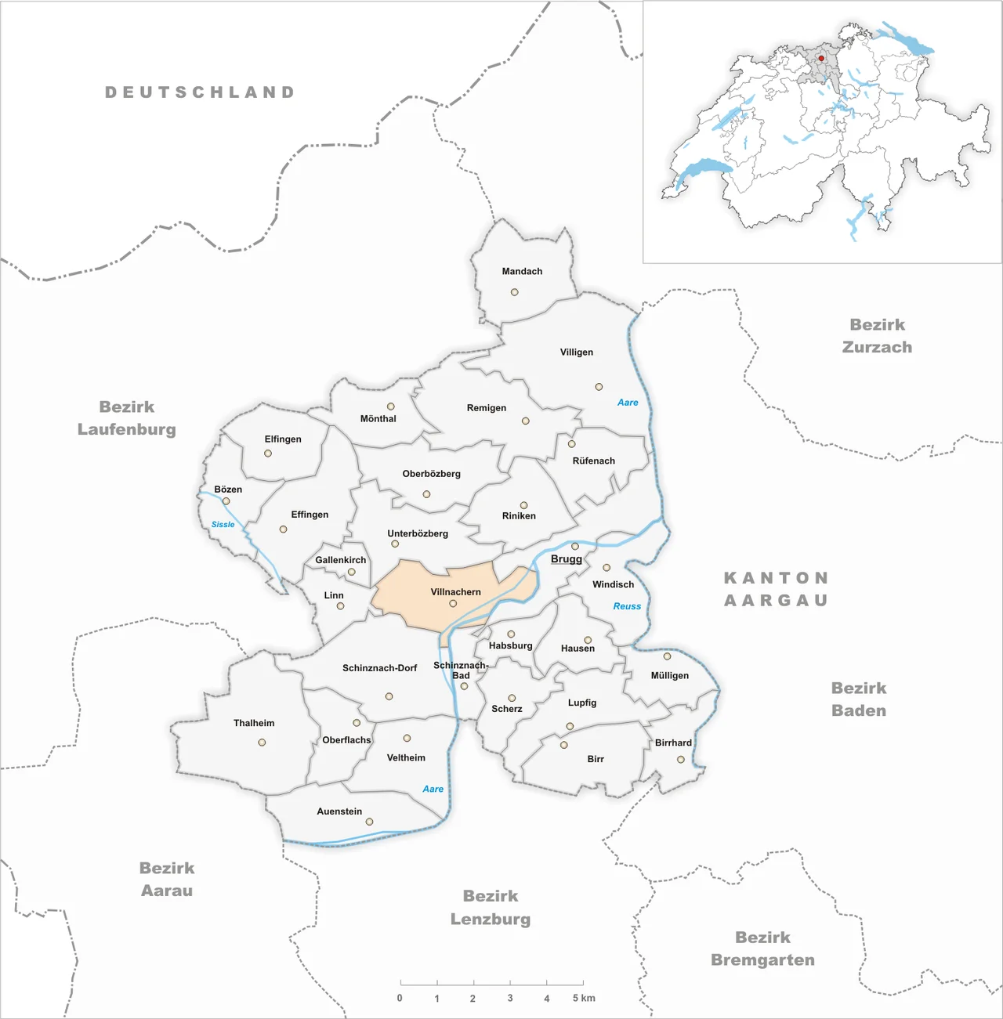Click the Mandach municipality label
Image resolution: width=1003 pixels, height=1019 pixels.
click(x=522, y=272)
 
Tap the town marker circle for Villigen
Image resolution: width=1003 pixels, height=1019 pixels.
click(x=599, y=387)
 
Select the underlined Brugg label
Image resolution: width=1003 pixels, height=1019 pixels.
click(x=566, y=559)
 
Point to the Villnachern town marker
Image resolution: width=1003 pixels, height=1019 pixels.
click(x=453, y=604)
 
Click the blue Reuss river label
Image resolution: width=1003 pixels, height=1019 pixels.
click(x=627, y=606)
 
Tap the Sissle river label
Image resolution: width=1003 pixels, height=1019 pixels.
click(x=223, y=525)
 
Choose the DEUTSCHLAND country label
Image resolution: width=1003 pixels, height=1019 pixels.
click(x=200, y=92)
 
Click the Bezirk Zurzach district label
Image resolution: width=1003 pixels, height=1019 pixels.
click(x=877, y=336)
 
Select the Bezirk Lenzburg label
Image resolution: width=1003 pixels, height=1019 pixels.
click(x=491, y=908)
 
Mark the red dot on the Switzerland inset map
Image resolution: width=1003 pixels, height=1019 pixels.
click(x=821, y=58)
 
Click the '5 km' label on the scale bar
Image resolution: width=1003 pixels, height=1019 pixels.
click(x=584, y=999)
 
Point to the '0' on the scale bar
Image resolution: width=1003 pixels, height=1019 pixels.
click(x=400, y=999)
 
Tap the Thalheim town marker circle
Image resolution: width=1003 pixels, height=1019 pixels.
click(x=262, y=743)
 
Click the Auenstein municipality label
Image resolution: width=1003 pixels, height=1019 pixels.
click(x=339, y=811)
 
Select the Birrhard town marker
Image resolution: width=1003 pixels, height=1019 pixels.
click(x=681, y=760)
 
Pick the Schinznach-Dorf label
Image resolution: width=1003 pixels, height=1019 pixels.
click(x=379, y=668)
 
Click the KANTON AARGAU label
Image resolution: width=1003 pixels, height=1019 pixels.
click(x=776, y=589)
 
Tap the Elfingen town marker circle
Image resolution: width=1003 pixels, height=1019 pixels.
click(x=268, y=453)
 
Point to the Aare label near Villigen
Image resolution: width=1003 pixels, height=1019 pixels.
click(x=628, y=403)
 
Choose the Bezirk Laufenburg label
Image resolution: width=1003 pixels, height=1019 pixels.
click(x=127, y=418)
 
